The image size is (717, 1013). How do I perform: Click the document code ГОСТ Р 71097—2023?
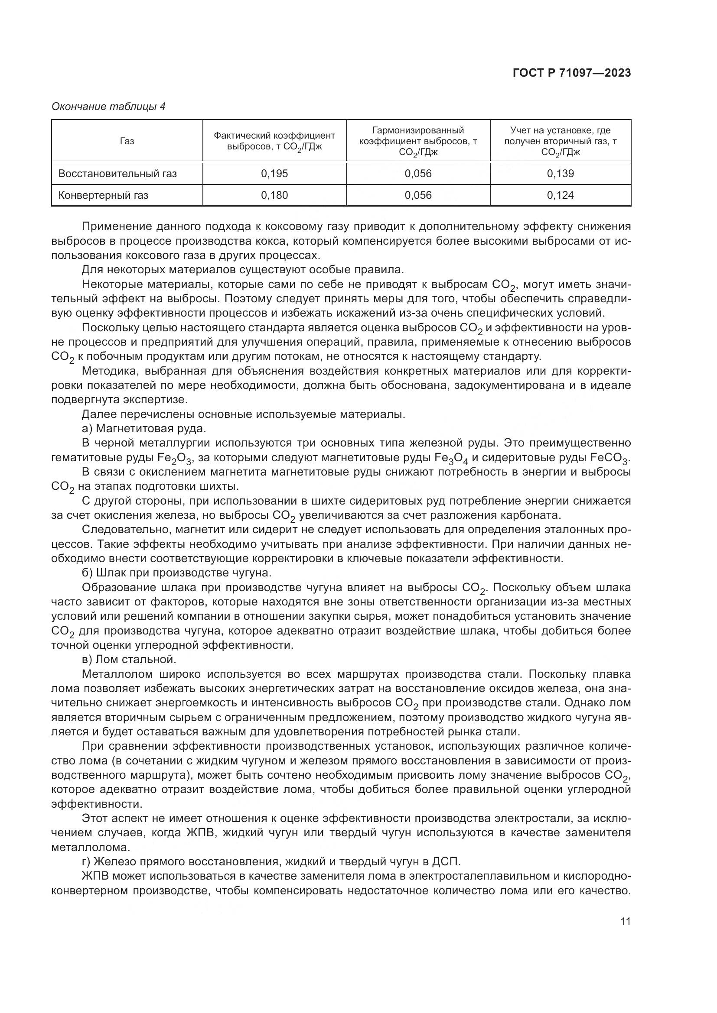click(572, 73)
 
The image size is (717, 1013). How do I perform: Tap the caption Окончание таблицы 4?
click(109, 107)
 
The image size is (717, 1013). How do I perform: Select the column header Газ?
click(127, 141)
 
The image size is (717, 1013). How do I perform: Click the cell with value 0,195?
click(274, 174)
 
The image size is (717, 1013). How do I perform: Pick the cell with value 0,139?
click(560, 174)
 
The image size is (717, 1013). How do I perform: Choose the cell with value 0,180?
click(274, 195)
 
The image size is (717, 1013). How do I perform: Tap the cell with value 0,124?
click(560, 195)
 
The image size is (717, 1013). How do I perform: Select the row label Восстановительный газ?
click(117, 174)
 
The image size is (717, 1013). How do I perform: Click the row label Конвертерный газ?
click(103, 195)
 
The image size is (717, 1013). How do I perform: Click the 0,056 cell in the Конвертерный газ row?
click(418, 195)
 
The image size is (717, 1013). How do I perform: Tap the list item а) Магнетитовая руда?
click(144, 428)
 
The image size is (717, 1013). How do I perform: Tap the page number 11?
click(625, 921)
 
